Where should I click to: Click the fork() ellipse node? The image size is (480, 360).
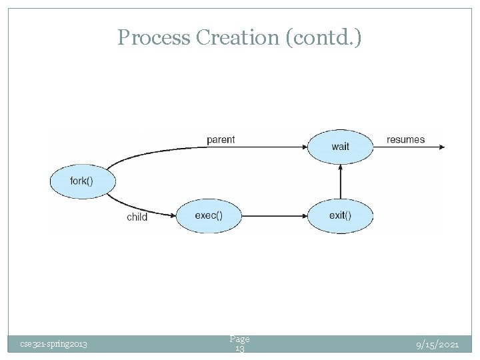[x=83, y=181]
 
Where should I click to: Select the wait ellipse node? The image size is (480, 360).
[x=340, y=147]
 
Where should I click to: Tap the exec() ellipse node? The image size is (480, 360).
[x=209, y=215]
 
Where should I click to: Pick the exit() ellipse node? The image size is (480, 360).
[x=340, y=215]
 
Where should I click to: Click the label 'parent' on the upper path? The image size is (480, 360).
[x=221, y=139]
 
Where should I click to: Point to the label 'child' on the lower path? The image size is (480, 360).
[x=137, y=217]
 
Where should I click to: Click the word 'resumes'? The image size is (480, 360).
[x=405, y=139]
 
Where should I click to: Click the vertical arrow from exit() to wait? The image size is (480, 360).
[x=341, y=181]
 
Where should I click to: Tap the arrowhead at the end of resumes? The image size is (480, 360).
[x=440, y=147]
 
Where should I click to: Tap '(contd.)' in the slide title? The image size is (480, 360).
[x=324, y=38]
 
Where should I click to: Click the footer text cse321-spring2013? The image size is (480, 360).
[x=53, y=344]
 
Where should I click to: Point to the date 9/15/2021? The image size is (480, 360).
[x=437, y=344]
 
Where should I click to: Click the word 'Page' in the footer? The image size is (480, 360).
[x=239, y=339]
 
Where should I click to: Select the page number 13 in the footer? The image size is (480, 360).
[x=239, y=349]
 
